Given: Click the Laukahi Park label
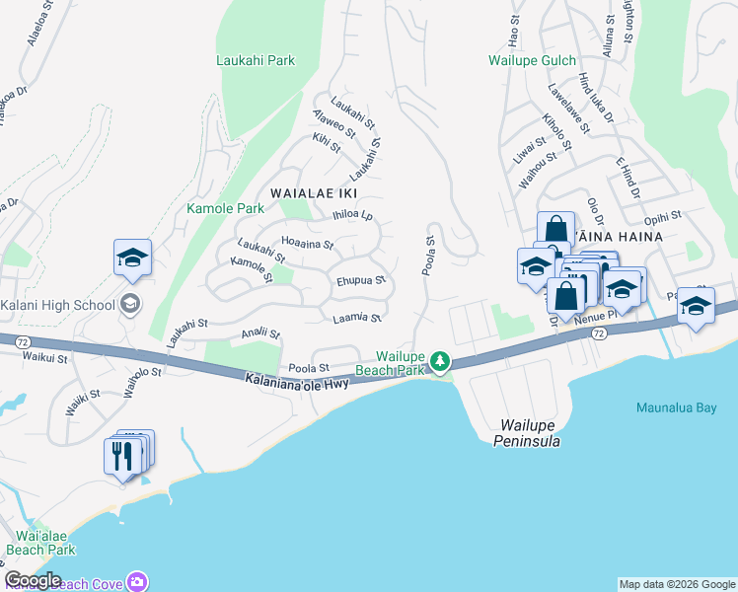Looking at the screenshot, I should (x=256, y=60).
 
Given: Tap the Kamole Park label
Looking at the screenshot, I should (x=225, y=208).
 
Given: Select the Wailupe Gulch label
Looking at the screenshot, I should (x=532, y=60).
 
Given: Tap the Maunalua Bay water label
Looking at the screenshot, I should (x=676, y=407).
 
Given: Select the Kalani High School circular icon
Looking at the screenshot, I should (x=129, y=305).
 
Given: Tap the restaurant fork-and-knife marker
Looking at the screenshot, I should (x=122, y=457).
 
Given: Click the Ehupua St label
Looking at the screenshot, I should (x=361, y=280).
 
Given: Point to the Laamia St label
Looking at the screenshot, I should (x=357, y=317).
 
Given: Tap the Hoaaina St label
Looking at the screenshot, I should (x=308, y=242).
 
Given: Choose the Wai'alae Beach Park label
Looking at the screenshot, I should (x=40, y=542).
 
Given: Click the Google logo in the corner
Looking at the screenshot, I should (x=33, y=580).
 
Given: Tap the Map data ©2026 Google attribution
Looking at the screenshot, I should (x=677, y=584).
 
